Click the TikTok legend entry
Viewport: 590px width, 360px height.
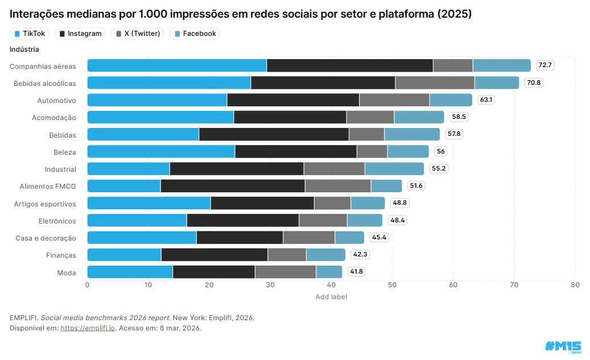coord(30,34)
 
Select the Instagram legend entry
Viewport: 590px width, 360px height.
coord(80,34)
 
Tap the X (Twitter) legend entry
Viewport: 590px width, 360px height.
coord(138,34)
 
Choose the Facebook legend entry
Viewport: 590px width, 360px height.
coord(195,34)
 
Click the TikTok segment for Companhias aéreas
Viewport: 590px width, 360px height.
coord(176,65)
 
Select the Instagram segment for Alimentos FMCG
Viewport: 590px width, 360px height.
coord(232,186)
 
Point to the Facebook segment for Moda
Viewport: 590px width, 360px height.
coord(329,272)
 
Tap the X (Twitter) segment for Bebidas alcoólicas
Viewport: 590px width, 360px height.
coord(435,82)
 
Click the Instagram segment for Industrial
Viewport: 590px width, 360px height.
coord(236,169)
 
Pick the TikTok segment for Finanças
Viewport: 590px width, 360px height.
coord(123,255)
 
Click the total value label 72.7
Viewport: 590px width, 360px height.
coord(545,65)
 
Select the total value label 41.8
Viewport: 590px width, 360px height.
coord(356,272)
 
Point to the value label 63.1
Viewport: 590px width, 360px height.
coord(486,100)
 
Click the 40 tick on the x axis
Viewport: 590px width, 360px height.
coord(331,284)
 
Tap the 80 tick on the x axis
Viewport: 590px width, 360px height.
coord(575,284)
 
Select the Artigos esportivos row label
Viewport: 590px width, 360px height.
coord(45,204)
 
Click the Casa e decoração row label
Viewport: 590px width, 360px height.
coord(46,238)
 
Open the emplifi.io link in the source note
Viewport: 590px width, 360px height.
coord(88,328)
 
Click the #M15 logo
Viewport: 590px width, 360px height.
coord(563,346)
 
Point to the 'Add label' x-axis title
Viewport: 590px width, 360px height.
coord(331,296)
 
